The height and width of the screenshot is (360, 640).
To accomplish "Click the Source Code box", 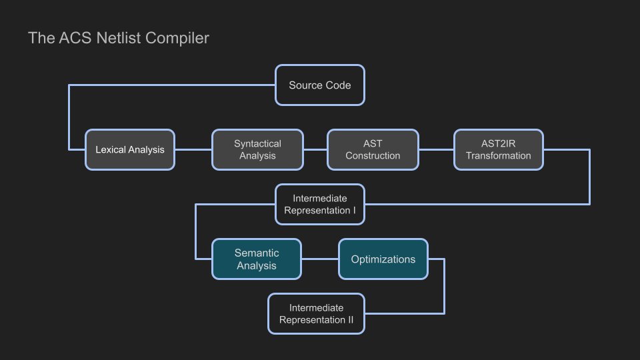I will tap(320, 85).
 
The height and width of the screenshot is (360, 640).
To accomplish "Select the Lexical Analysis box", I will tap(130, 150).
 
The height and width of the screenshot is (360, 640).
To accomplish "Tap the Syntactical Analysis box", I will tap(257, 150).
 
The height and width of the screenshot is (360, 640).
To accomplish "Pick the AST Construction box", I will tap(373, 150).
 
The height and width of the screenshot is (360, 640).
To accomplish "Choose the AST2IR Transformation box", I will tap(499, 150).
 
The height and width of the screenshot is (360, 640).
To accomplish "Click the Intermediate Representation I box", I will tap(320, 205).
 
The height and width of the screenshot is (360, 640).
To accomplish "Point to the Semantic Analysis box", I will tap(257, 259).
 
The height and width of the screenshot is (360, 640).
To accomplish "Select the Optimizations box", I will tap(383, 259).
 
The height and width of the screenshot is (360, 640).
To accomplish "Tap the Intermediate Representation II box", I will tap(317, 314).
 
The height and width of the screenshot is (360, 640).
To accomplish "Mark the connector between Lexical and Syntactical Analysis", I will tap(193, 150).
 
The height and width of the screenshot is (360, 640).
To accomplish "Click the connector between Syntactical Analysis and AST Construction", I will tap(315, 150).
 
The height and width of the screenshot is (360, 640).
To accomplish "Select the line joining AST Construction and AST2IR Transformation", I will tap(436, 150).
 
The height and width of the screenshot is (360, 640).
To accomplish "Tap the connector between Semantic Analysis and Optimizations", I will tap(320, 259).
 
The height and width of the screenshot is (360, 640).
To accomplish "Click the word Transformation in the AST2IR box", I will tap(499, 156).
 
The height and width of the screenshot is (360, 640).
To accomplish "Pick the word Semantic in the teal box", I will tap(257, 253).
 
